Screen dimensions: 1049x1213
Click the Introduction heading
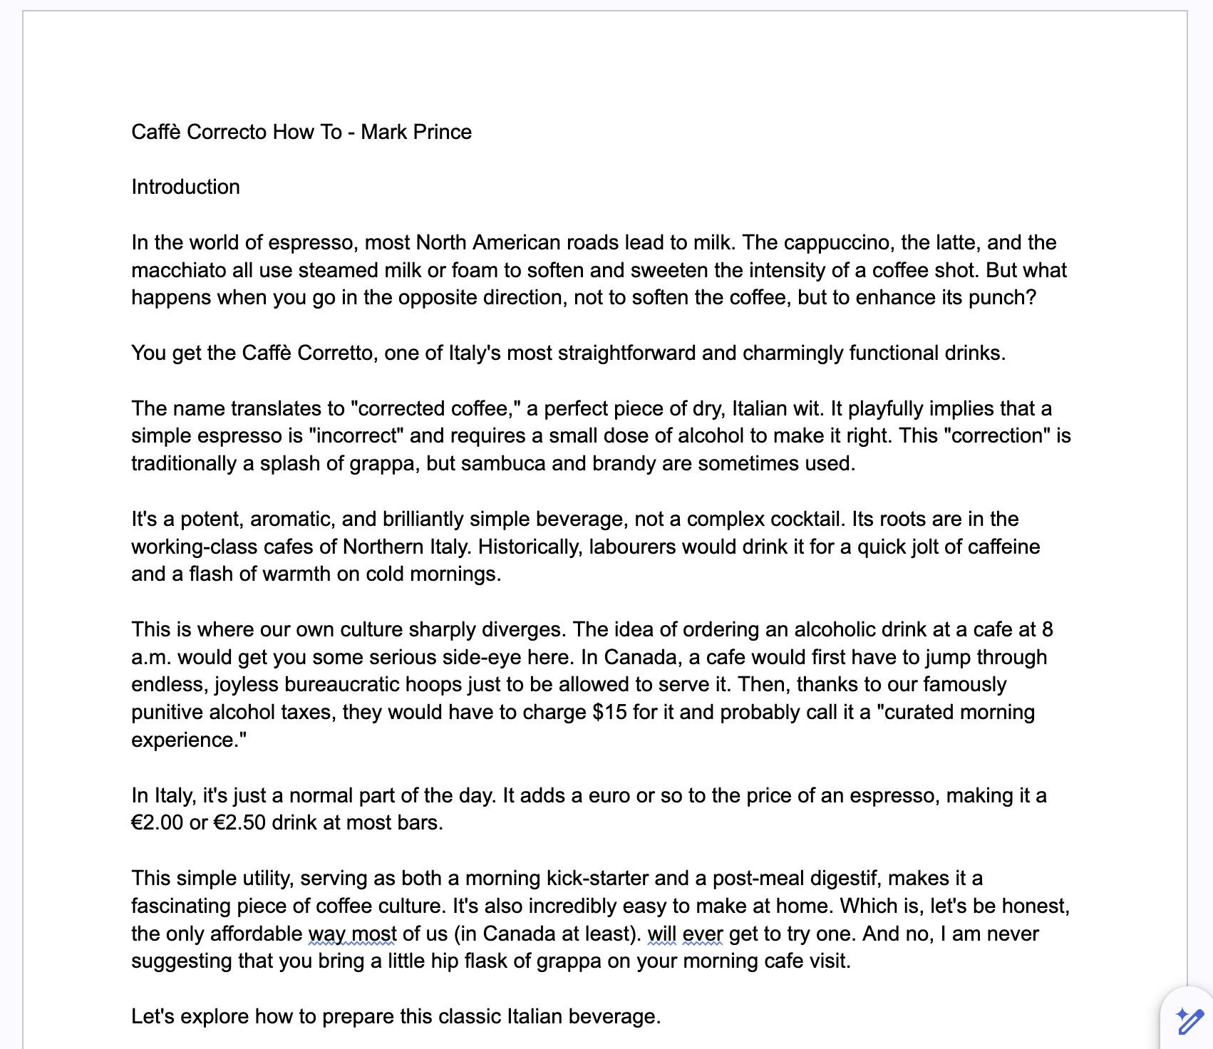(x=185, y=187)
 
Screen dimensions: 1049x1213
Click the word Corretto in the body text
(x=335, y=353)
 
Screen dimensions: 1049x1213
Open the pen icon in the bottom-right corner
(x=1189, y=1021)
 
